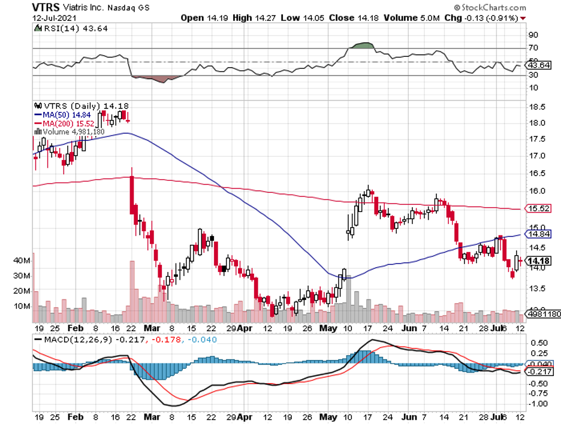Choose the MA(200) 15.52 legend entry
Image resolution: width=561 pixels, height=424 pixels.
click(65, 123)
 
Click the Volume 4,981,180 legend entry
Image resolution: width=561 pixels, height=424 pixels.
click(70, 131)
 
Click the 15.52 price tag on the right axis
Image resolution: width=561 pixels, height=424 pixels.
click(538, 208)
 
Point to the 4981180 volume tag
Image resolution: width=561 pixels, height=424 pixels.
click(541, 313)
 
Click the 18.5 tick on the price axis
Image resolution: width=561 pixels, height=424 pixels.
click(538, 107)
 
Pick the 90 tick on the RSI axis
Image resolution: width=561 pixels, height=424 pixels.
click(532, 35)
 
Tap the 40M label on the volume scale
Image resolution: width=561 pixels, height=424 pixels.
click(22, 261)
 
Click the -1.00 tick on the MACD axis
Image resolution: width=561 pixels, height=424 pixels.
click(537, 404)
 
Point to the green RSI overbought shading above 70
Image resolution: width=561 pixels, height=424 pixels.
click(361, 45)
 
